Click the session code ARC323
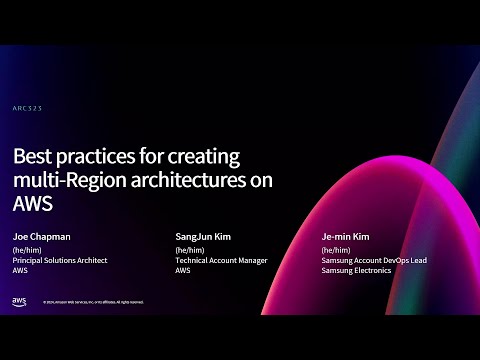[x=27, y=107]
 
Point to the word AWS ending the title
[x=32, y=203]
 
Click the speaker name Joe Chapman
[x=41, y=236]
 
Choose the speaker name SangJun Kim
[x=204, y=236]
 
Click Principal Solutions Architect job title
[x=59, y=260]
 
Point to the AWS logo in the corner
[x=19, y=300]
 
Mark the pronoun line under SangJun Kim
[x=188, y=249]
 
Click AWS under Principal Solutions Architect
[x=20, y=270]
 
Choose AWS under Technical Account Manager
[x=183, y=270]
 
